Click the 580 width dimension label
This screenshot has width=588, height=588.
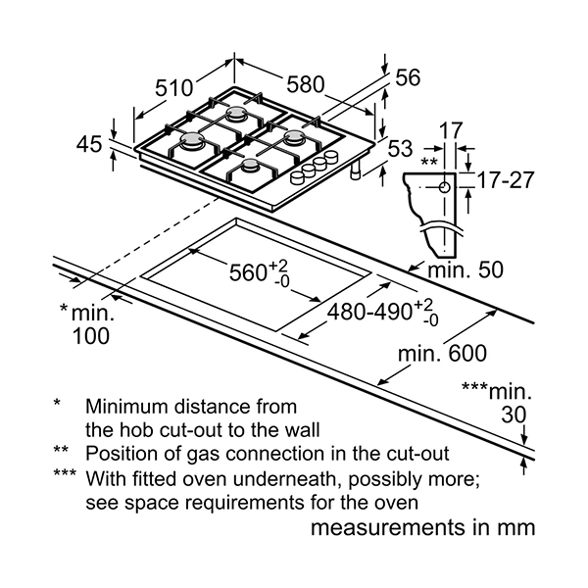tap(307, 85)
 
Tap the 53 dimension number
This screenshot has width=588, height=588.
tap(400, 150)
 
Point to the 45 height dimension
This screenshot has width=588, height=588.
tap(89, 144)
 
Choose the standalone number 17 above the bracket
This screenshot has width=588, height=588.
tap(450, 129)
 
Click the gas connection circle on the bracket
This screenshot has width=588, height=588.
tap(444, 186)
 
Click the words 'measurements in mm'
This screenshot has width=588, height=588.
tap(422, 528)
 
